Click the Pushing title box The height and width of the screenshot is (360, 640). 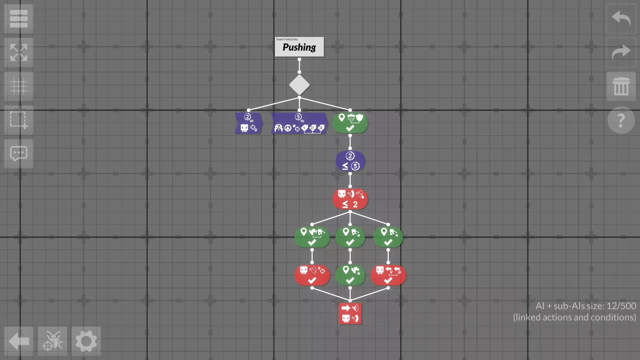(x=299, y=47)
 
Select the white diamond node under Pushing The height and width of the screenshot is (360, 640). (x=299, y=85)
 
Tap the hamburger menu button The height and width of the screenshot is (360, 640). (x=19, y=19)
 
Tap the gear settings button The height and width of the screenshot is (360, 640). (x=86, y=341)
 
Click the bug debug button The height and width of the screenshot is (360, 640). (x=52, y=341)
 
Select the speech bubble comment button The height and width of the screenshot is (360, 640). (x=19, y=154)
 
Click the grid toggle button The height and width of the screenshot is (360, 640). (x=19, y=86)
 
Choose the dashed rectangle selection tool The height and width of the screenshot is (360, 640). (x=19, y=120)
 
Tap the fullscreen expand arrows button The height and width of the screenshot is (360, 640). (x=19, y=52)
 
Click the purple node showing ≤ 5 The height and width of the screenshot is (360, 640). (x=350, y=161)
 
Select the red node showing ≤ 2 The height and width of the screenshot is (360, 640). (x=350, y=199)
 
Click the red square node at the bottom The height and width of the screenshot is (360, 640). (x=350, y=313)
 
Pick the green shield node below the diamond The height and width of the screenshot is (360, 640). (x=350, y=123)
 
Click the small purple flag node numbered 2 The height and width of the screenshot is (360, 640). (x=249, y=123)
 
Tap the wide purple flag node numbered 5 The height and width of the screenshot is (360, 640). (x=299, y=123)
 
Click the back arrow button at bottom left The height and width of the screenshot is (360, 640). (x=19, y=341)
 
